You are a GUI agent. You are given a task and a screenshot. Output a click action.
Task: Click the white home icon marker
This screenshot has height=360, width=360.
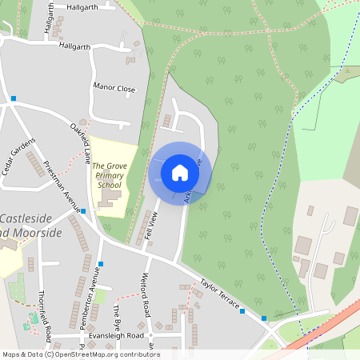point(179,172)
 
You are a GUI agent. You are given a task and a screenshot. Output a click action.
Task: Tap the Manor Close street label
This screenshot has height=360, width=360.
point(115,88)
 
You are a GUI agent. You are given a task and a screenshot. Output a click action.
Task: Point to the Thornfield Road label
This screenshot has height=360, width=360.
point(47,313)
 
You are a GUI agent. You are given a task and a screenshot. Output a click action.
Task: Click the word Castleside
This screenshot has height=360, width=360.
point(30,218)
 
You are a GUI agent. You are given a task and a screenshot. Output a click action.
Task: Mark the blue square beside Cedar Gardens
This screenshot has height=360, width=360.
point(14,98)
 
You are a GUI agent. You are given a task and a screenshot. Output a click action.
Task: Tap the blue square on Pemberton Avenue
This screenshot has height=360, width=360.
point(101,263)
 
